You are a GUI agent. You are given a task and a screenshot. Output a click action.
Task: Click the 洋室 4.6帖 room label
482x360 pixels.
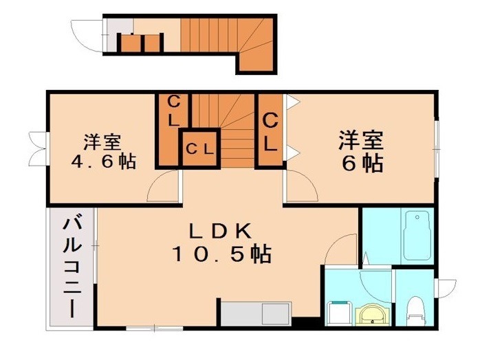[104, 152]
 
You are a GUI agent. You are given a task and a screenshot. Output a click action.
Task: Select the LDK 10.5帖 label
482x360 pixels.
[222, 243]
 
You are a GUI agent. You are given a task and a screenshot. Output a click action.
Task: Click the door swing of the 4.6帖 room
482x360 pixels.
[163, 185]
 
